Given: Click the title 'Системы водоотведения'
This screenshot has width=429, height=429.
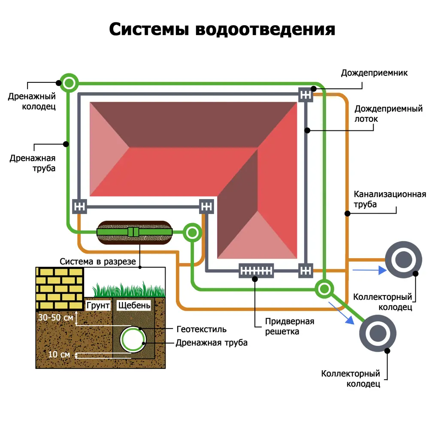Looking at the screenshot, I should click(221, 30).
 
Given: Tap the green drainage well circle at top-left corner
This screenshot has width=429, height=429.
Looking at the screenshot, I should click(69, 82).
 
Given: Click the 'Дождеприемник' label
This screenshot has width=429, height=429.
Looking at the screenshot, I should click(374, 73).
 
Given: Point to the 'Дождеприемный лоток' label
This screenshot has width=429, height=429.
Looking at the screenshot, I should click(389, 114).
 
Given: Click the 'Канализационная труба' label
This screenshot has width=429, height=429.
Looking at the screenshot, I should click(389, 199).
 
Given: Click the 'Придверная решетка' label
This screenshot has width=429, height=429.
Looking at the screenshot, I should click(290, 326).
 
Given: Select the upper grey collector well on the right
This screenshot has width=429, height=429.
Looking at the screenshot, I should click(403, 260).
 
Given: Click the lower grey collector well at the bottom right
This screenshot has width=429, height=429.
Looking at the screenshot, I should click(378, 333).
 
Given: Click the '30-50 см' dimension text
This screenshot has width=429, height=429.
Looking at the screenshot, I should click(55, 318).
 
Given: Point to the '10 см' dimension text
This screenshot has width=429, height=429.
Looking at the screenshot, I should click(59, 354).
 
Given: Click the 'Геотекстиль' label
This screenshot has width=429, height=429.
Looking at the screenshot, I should click(202, 329).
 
